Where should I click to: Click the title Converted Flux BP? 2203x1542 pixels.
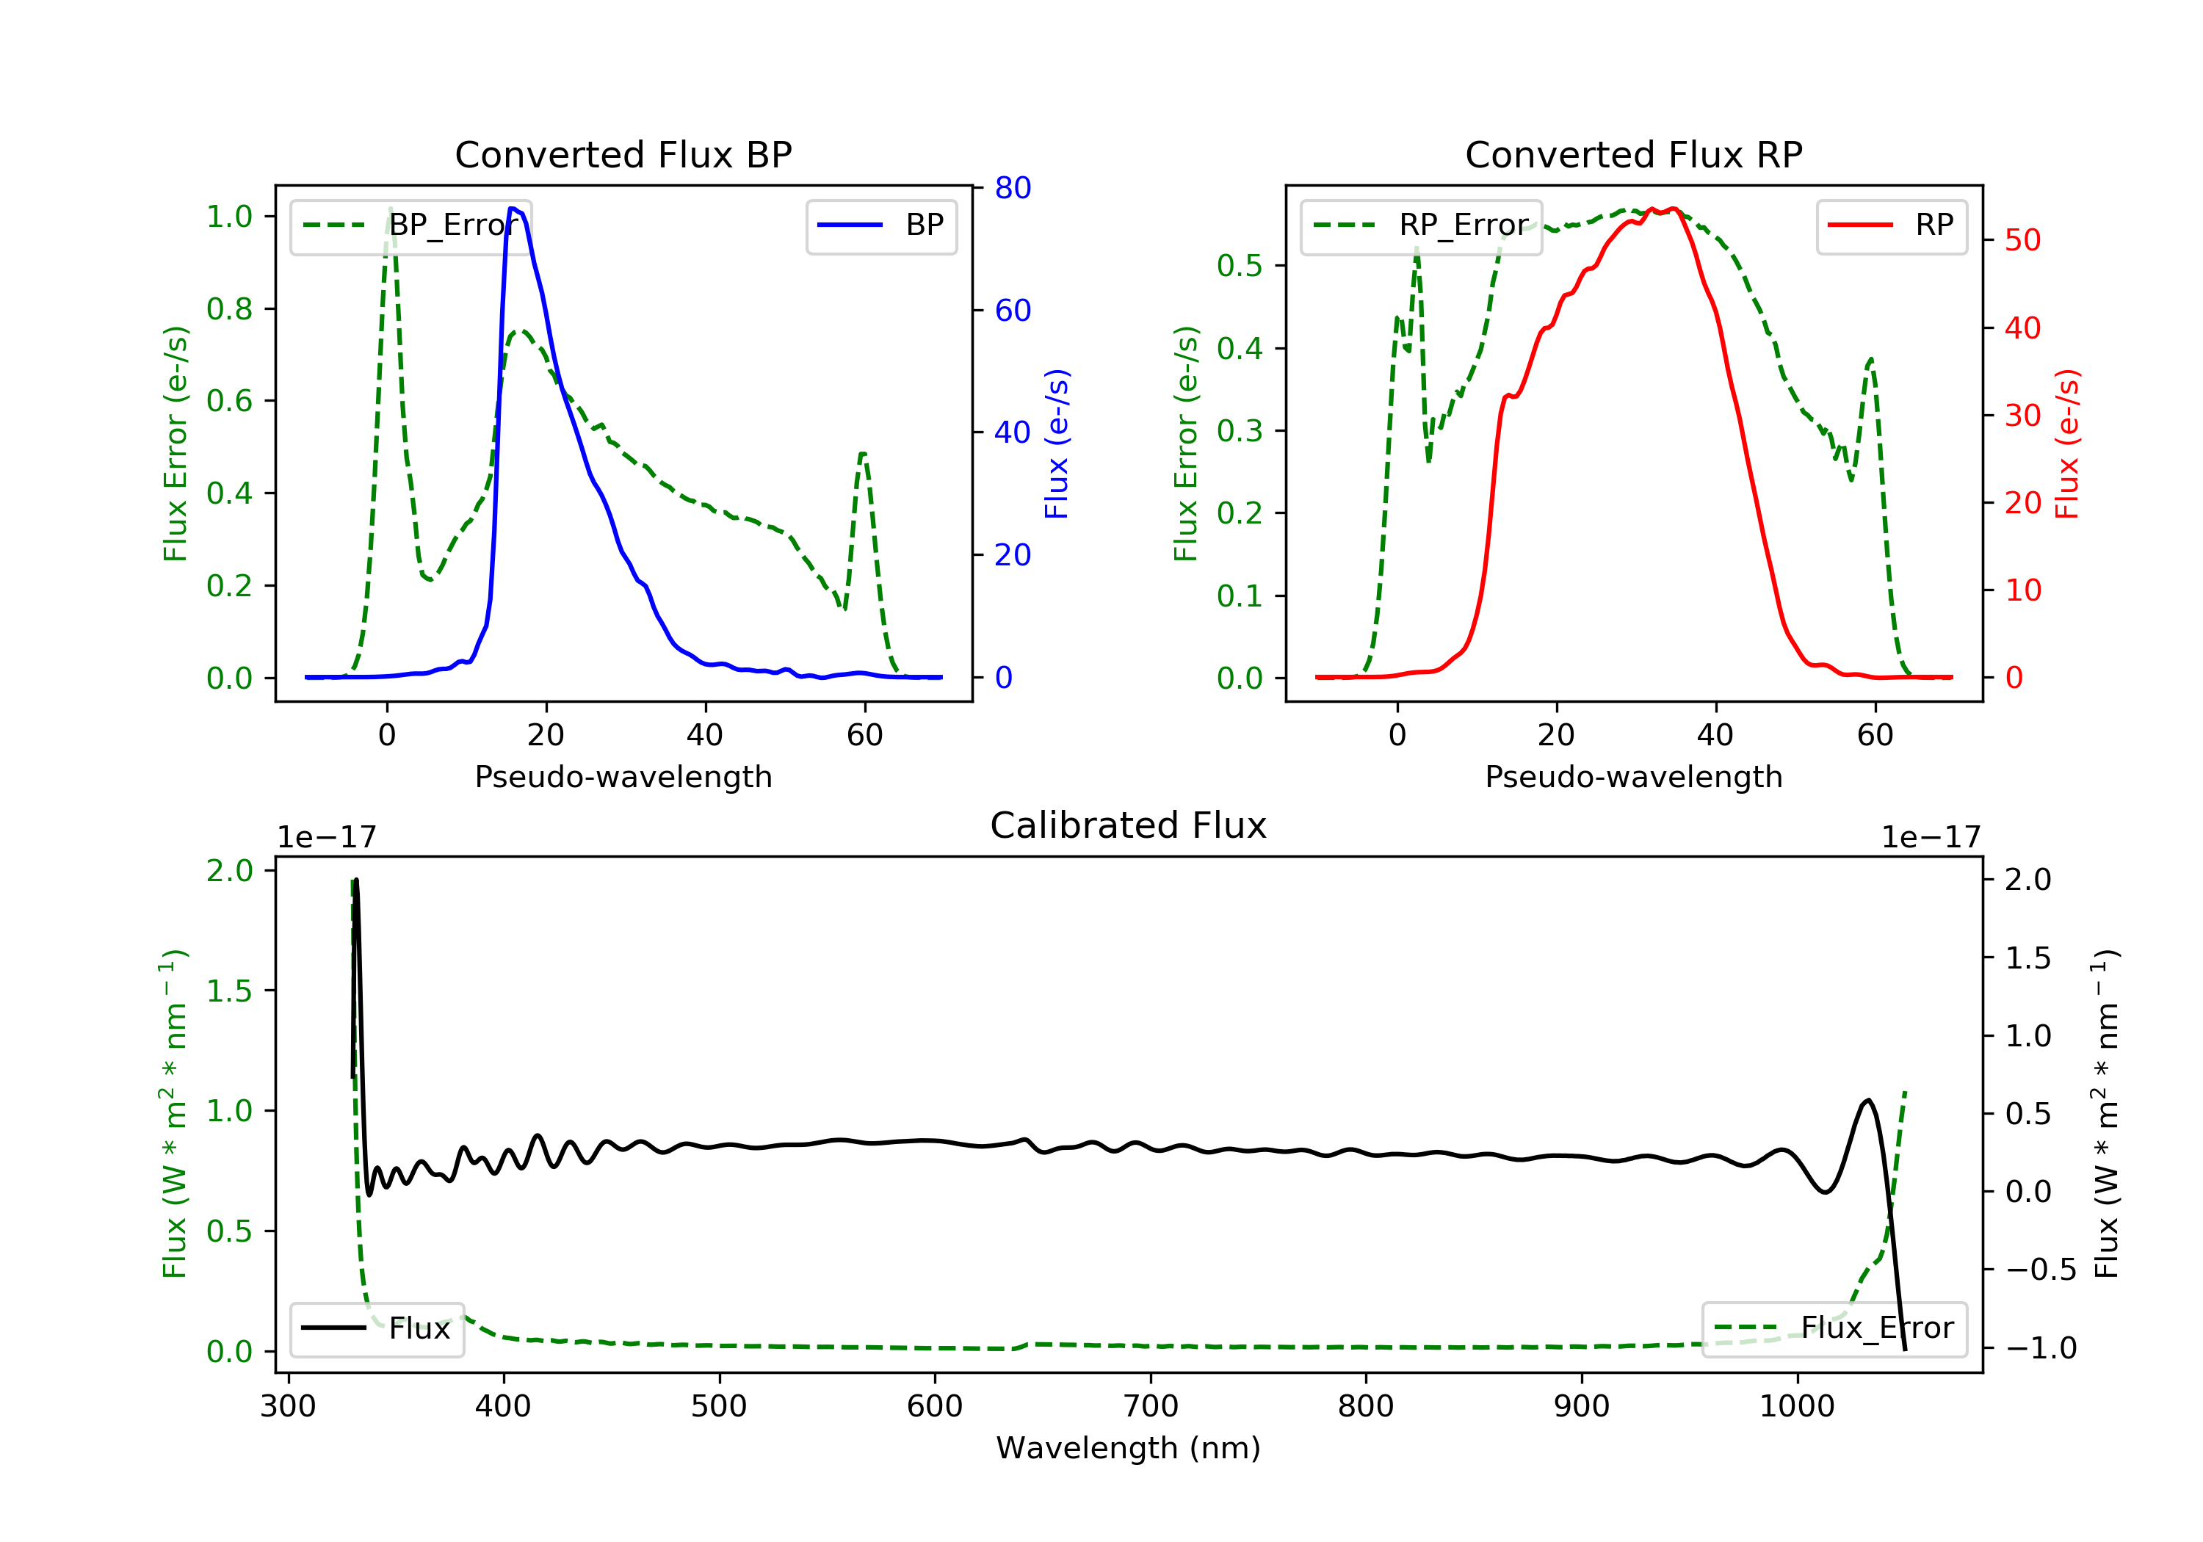[623, 154]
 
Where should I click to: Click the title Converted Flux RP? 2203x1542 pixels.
[1633, 154]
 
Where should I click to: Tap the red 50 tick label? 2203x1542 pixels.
[2022, 240]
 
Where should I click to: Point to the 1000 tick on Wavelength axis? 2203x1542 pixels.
[1796, 1407]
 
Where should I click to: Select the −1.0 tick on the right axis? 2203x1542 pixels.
[2040, 1348]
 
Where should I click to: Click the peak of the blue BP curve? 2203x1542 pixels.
[513, 209]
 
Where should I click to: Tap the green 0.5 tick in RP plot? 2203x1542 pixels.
[1240, 266]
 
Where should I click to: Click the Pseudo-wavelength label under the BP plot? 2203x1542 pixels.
[623, 776]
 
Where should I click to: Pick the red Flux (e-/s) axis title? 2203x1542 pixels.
[2066, 444]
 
